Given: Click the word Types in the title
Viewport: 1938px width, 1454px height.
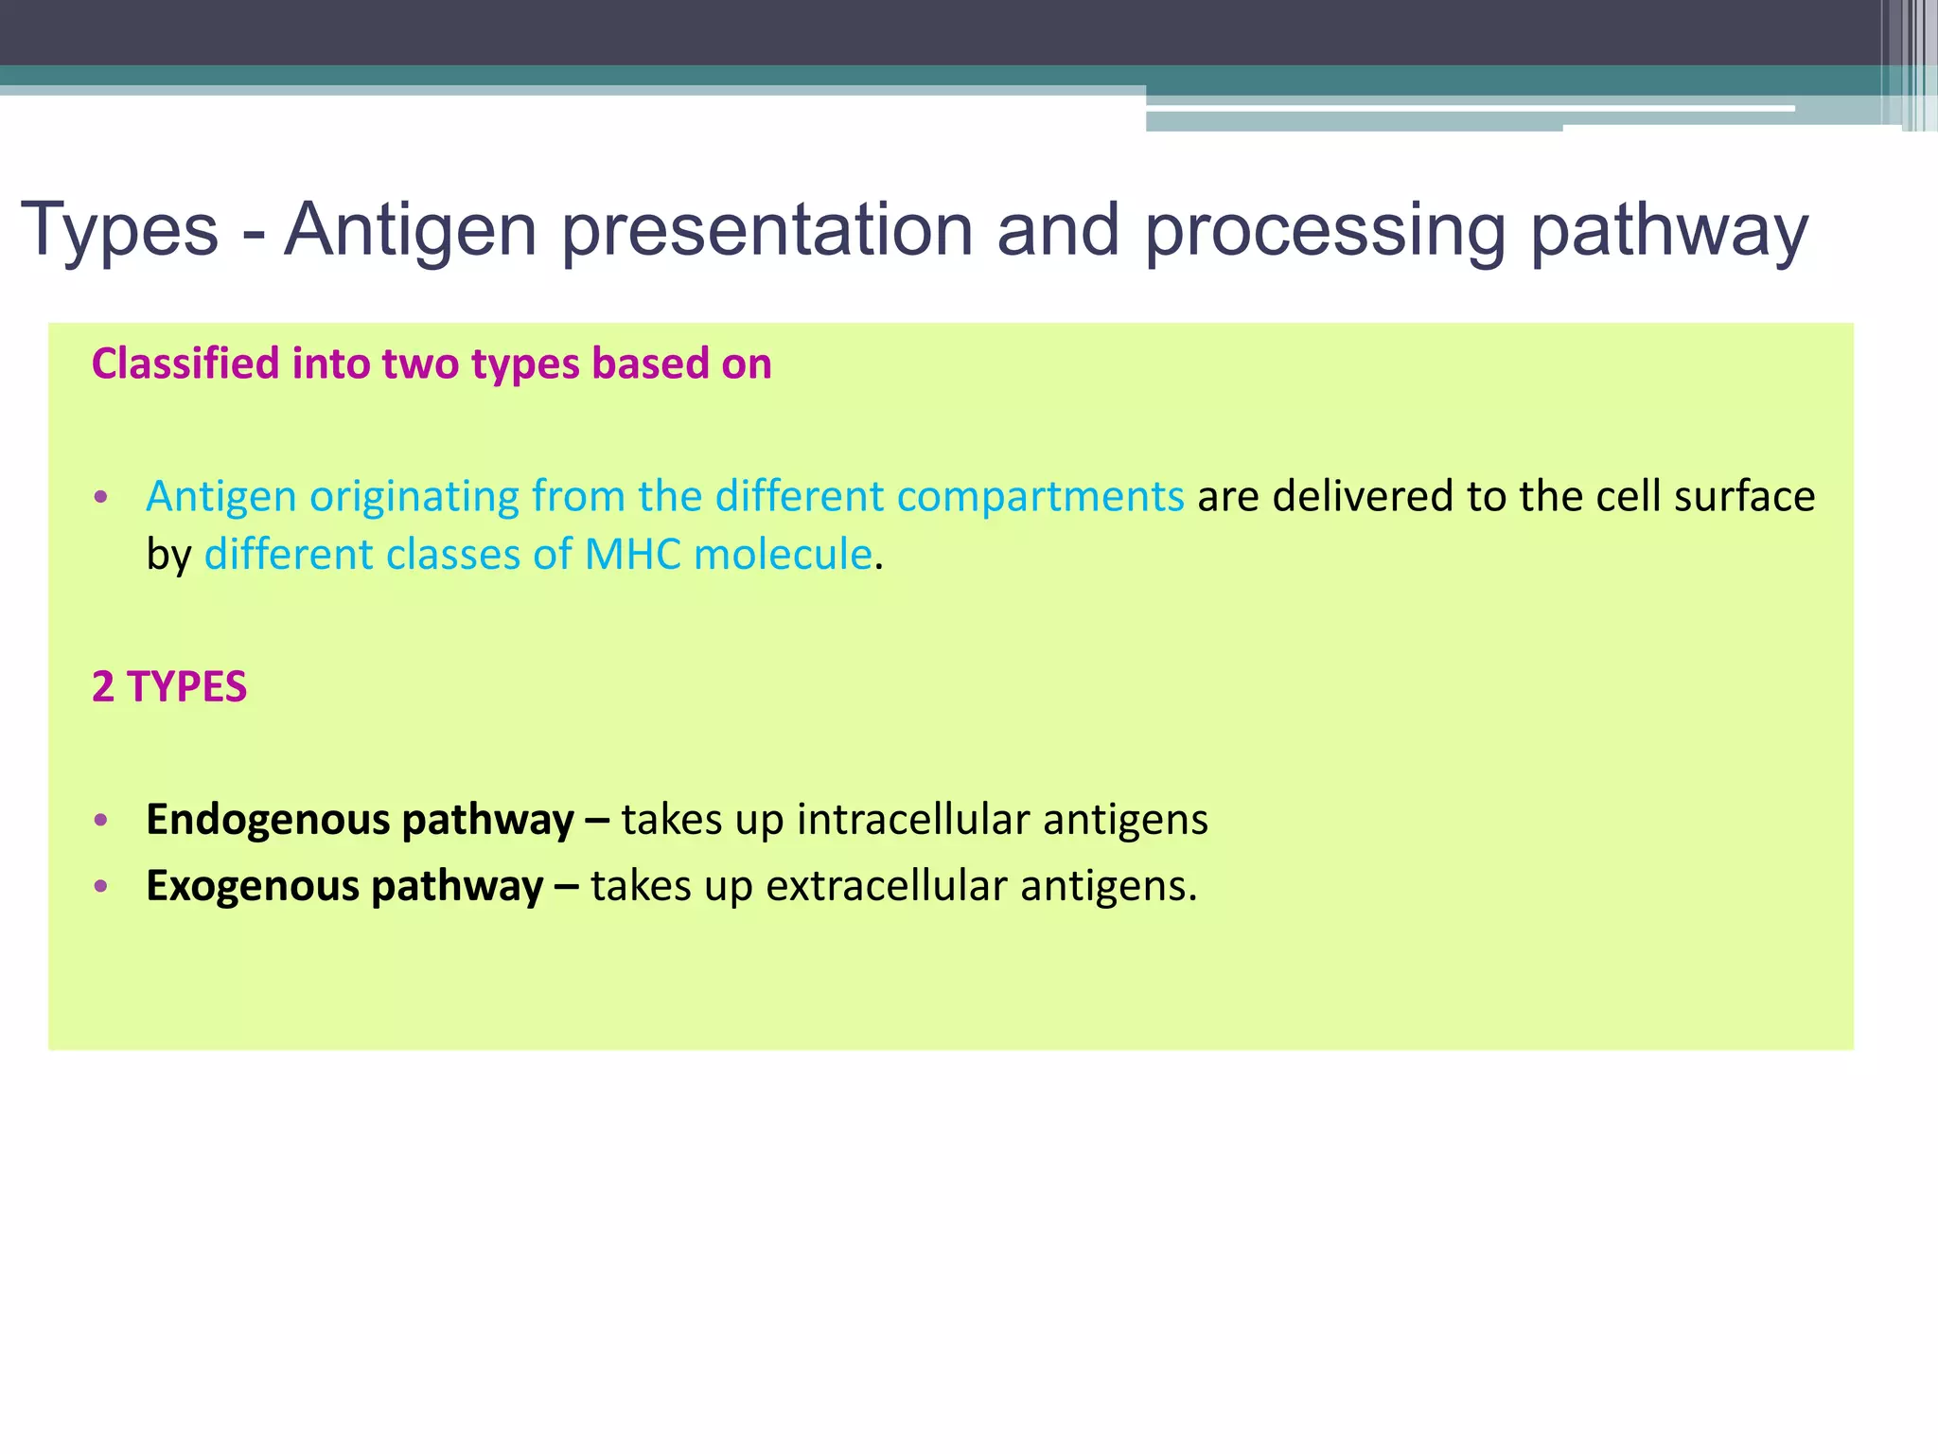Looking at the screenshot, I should click(119, 231).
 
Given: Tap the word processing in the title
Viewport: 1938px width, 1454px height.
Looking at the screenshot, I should click(1325, 231).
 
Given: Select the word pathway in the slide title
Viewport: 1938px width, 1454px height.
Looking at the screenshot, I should click(1669, 231).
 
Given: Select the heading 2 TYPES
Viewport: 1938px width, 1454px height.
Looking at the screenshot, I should click(169, 686).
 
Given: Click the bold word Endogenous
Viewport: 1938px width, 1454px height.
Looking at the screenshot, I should click(270, 820).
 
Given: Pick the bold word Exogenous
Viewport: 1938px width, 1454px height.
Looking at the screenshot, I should click(252, 886).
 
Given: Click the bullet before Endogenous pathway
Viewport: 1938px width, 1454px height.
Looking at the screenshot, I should click(101, 820).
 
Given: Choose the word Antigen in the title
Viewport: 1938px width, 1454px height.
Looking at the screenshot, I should click(411, 231).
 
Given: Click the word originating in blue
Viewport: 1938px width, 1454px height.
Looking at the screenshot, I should click(414, 497).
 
